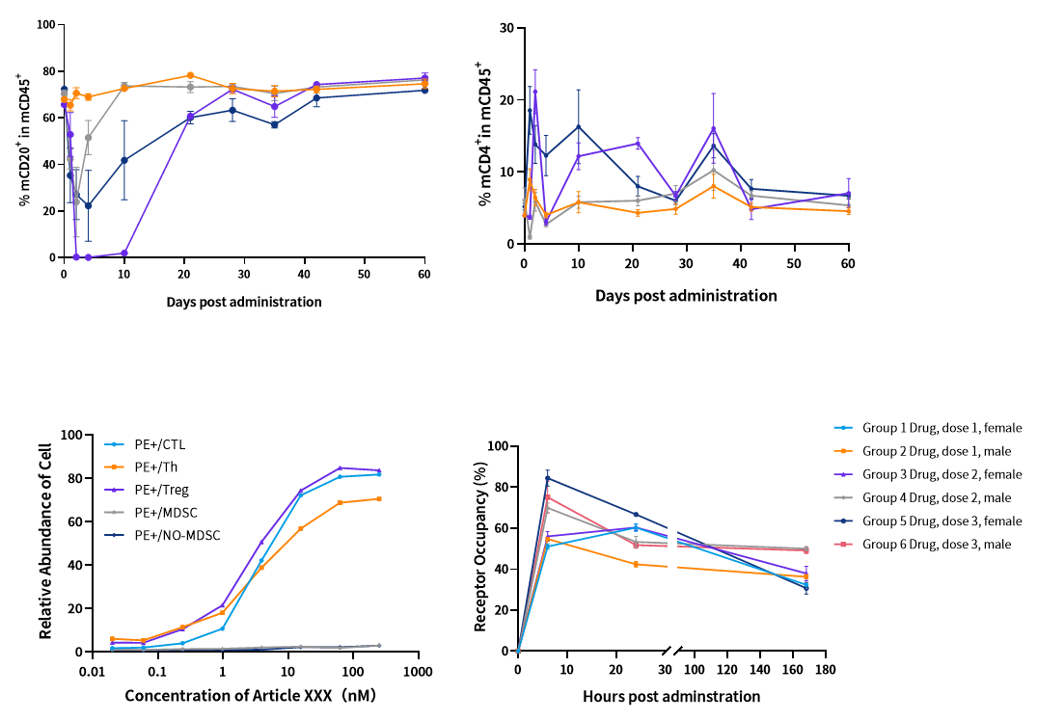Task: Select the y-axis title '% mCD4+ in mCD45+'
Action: tap(486, 135)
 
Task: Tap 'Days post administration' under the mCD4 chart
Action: tap(686, 296)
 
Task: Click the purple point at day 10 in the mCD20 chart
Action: tap(123, 253)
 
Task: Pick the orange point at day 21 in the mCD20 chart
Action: tap(190, 75)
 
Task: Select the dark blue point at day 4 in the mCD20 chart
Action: tap(88, 205)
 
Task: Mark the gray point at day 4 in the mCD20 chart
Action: tap(88, 138)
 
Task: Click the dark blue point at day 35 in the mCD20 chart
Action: tap(274, 124)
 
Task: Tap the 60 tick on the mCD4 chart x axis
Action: tap(848, 262)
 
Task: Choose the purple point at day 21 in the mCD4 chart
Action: tap(638, 143)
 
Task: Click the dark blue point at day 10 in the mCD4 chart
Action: tap(578, 126)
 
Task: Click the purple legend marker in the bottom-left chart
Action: tap(116, 490)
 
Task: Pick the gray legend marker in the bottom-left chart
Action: tap(116, 513)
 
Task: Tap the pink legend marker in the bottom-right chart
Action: tap(845, 545)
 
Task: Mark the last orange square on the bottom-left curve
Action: tap(379, 498)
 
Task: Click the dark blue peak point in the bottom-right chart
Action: tap(547, 477)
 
